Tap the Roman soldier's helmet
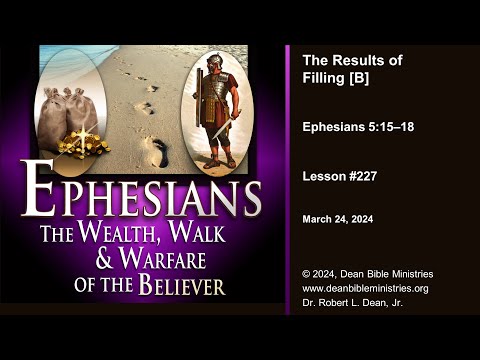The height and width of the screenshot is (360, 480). point(212,62)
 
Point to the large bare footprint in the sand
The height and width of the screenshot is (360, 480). point(153,152)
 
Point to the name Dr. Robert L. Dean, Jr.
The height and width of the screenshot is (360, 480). point(354,304)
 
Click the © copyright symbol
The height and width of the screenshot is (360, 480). point(307,274)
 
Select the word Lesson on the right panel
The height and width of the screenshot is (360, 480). point(325,174)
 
